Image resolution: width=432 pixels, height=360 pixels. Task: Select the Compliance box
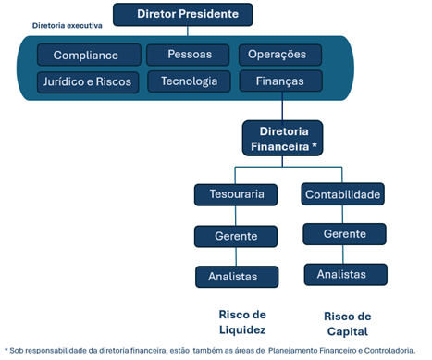[x=85, y=56]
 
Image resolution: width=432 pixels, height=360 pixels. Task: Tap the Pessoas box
[x=191, y=55]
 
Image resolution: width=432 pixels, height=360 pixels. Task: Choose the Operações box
[x=283, y=55]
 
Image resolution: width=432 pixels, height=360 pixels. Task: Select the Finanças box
[x=283, y=81]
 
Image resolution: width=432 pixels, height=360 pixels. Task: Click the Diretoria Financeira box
[x=283, y=139]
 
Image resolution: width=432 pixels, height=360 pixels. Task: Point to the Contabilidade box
[x=343, y=194]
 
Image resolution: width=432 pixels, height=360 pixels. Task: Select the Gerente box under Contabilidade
[x=343, y=234]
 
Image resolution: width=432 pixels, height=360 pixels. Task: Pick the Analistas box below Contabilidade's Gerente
[x=343, y=274]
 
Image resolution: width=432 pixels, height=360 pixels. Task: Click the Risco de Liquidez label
[x=241, y=321]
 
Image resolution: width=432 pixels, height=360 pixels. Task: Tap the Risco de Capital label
[x=347, y=323]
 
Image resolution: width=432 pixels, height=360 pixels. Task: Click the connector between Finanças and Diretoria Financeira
[x=283, y=107]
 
